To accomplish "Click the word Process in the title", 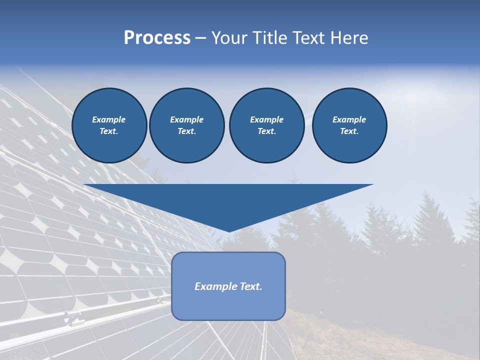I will [157, 38].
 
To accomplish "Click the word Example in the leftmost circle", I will [109, 119].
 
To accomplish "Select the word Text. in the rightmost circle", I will [349, 131].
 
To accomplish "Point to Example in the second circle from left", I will [186, 119].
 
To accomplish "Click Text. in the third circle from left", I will [266, 131].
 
